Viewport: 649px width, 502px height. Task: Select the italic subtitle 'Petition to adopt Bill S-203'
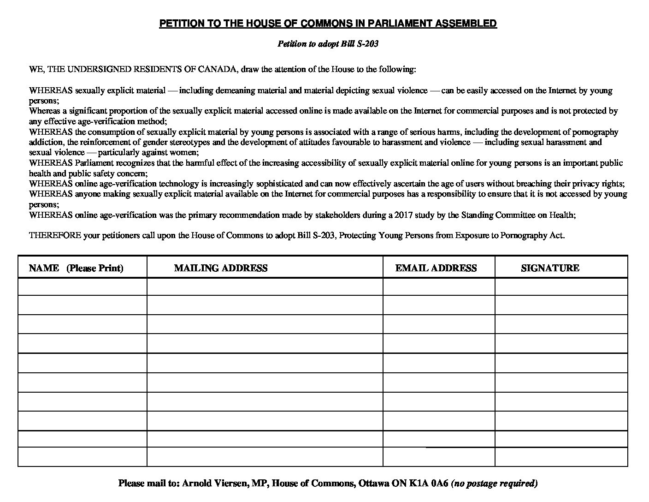[328, 44]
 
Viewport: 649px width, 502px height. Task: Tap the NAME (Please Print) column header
[76, 268]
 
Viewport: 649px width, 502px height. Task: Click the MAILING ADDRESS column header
[221, 268]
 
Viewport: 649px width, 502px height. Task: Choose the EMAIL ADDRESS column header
[436, 268]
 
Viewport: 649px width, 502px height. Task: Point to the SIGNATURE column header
[550, 268]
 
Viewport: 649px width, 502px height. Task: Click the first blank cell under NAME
[83, 287]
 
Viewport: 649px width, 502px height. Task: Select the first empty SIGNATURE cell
[561, 287]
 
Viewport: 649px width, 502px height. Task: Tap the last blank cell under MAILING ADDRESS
[265, 457]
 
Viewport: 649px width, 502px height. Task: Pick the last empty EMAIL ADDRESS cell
[438, 457]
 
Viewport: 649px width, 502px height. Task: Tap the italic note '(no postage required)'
[494, 484]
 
